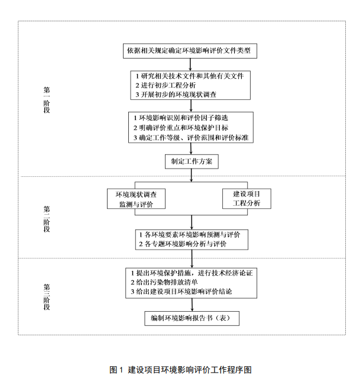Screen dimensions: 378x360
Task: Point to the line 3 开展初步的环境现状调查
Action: (x=176, y=94)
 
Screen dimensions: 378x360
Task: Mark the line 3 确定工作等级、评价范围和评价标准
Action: (x=190, y=137)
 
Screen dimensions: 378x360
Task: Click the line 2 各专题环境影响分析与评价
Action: (x=183, y=244)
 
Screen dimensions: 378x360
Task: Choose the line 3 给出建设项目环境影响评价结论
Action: (x=181, y=292)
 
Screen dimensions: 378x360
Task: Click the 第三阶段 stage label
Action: (x=47, y=296)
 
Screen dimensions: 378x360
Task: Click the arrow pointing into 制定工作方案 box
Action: (x=191, y=150)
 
